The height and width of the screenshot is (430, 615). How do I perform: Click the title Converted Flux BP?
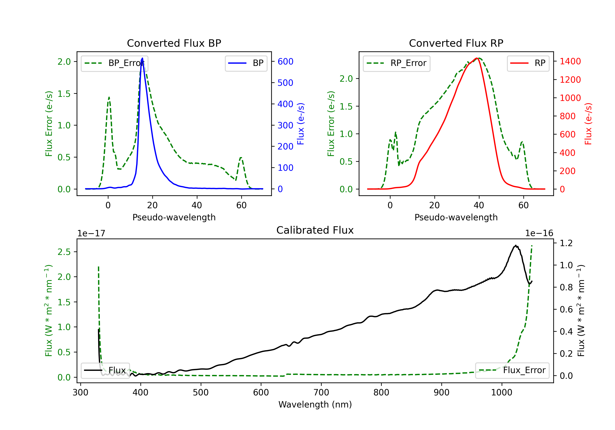click(174, 43)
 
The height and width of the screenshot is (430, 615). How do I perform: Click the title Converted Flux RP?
click(456, 43)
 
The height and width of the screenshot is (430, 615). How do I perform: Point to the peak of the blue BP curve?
click(142, 58)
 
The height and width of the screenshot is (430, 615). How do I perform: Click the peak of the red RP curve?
click(477, 58)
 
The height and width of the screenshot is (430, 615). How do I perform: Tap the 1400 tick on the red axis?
click(570, 61)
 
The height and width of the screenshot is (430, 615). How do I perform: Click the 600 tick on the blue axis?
click(285, 62)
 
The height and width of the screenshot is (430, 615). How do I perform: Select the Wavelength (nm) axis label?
click(315, 404)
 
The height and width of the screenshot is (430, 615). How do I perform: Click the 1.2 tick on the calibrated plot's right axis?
click(566, 243)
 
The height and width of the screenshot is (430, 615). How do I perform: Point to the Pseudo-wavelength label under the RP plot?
click(456, 217)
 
